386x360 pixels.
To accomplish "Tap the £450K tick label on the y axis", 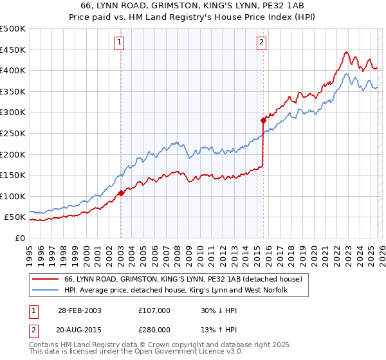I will coord(13,50).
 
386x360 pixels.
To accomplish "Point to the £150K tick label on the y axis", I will coord(13,175).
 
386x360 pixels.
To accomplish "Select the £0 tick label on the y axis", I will coord(20,238).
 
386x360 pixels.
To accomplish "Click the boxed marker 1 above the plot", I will coord(120,43).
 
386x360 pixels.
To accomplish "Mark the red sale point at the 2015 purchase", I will coord(263,120).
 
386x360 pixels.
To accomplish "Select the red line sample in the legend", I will coord(45,280).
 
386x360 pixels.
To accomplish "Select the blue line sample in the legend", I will coord(45,291).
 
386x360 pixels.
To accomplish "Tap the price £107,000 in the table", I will coord(154,310).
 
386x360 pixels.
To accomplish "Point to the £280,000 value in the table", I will coord(154,330).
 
